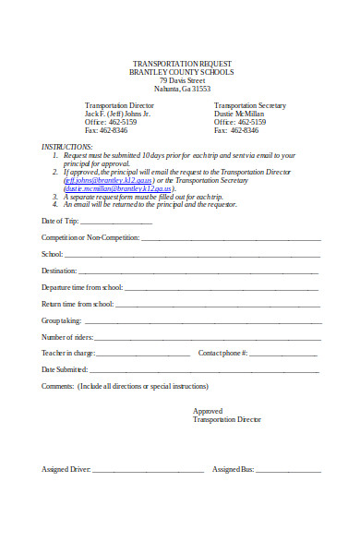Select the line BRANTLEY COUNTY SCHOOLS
[x=181, y=71]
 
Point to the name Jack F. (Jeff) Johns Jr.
[x=117, y=114]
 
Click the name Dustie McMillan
[x=239, y=114]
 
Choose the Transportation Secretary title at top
[x=250, y=105]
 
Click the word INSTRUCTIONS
[x=67, y=147]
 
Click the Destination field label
[x=60, y=271]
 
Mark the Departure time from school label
[x=81, y=287]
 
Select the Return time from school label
[x=78, y=304]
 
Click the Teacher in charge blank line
[x=143, y=354]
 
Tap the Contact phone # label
[x=222, y=353]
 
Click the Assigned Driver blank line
[x=148, y=470]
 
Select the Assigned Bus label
[x=233, y=469]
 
